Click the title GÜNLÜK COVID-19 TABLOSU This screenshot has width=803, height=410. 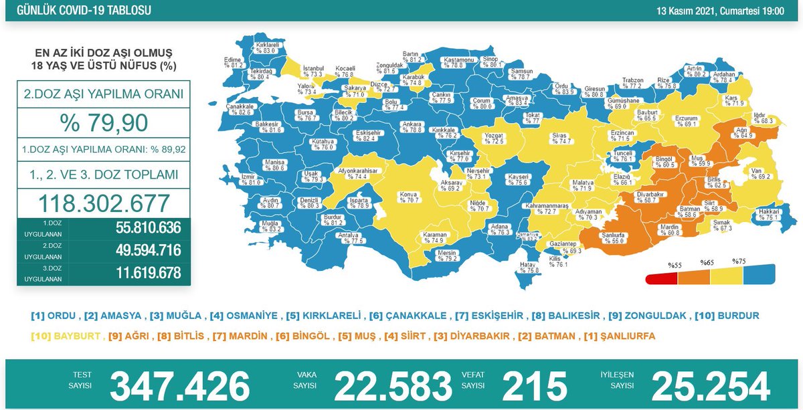tap(80, 11)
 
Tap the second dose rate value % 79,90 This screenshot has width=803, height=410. tap(103, 124)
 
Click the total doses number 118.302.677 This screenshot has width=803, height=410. tap(103, 203)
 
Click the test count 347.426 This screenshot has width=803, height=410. tap(179, 387)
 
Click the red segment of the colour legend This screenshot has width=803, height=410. tap(661, 278)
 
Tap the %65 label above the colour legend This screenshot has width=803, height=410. tap(707, 263)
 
